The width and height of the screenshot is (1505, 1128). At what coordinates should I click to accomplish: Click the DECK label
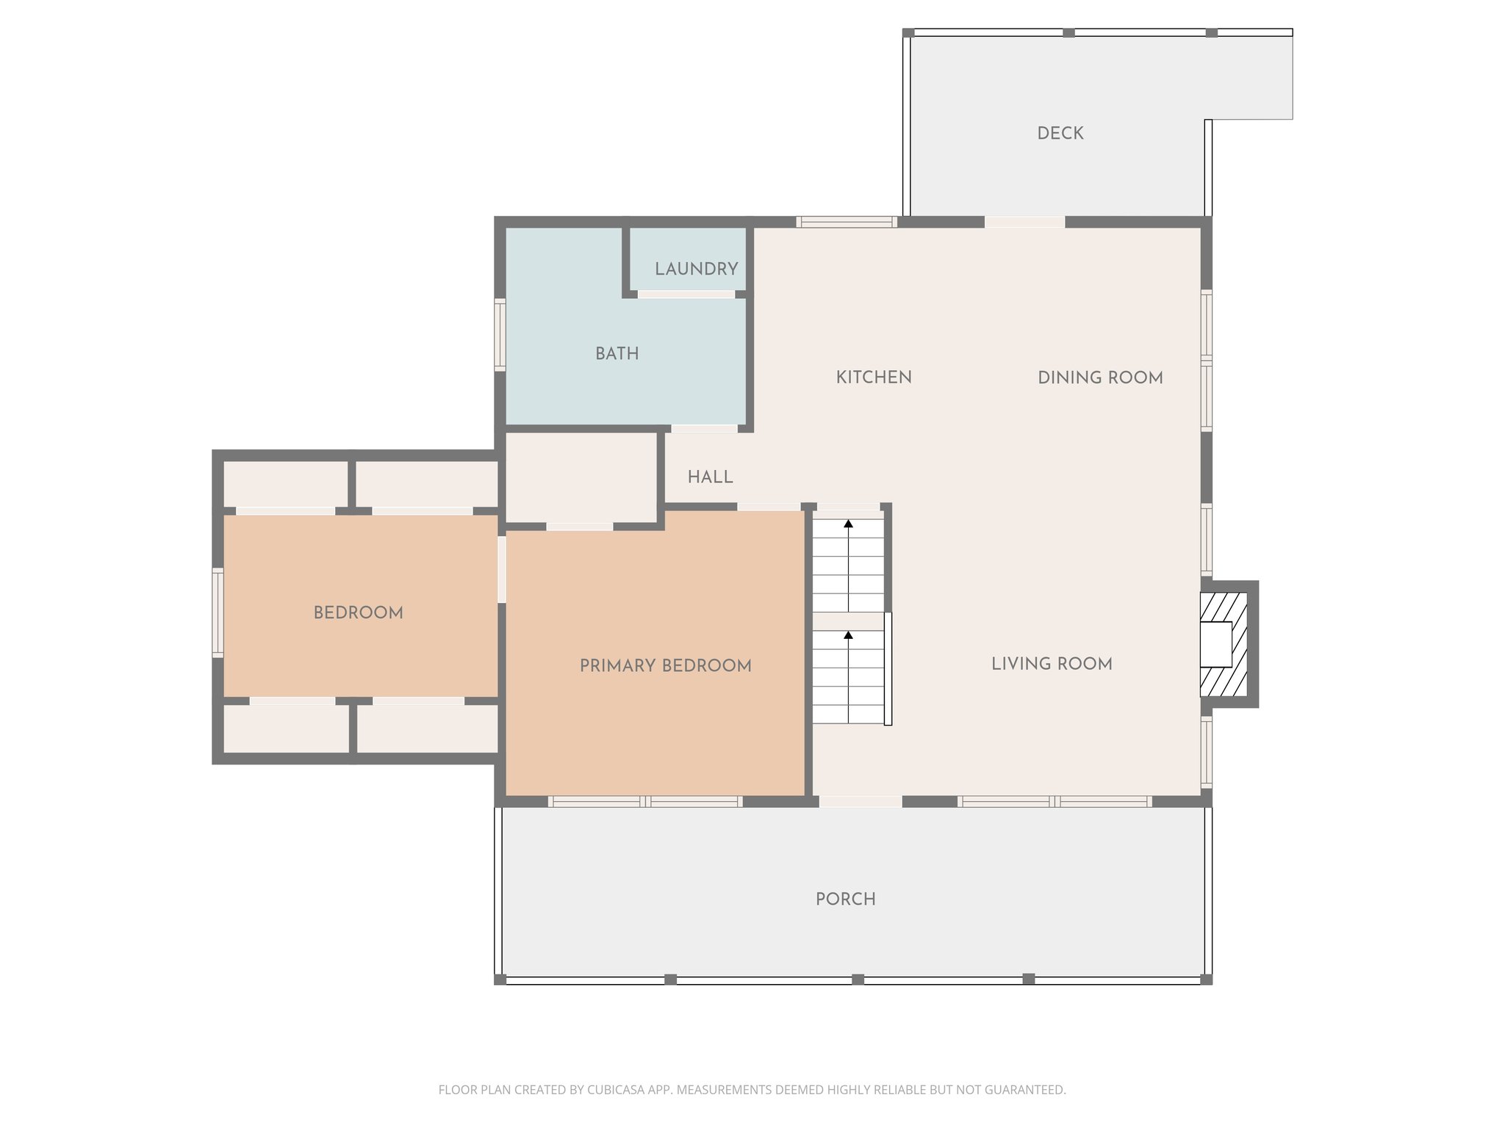pos(1060,133)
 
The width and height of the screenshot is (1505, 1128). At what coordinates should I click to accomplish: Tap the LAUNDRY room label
pos(696,269)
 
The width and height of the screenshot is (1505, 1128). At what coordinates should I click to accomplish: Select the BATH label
pos(617,353)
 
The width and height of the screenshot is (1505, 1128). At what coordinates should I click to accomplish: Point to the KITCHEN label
pos(873,377)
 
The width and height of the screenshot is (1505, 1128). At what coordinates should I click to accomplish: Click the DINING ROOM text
pos(1099,377)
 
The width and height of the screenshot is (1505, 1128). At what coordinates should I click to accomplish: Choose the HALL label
pos(710,477)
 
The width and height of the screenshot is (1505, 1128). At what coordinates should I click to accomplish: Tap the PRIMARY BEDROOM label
pos(665,665)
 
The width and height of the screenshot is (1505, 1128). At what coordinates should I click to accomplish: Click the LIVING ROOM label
pos(1051,663)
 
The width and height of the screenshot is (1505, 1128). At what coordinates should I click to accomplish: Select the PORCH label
pos(845,899)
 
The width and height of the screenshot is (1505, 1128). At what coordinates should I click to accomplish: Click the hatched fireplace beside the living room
pos(1224,644)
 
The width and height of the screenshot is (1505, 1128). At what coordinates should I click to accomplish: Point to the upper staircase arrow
pos(848,524)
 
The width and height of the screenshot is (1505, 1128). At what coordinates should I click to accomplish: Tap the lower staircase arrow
pos(848,635)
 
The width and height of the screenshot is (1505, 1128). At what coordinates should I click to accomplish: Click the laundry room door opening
pos(686,294)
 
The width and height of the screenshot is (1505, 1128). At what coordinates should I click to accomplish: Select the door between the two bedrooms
pos(502,570)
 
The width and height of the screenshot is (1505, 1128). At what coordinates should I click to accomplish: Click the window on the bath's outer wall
pos(500,334)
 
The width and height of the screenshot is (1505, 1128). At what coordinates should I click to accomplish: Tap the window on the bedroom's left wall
pos(218,612)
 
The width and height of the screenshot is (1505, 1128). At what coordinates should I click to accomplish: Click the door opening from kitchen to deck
pos(1024,222)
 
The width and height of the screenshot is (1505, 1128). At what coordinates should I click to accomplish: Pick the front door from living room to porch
pos(860,802)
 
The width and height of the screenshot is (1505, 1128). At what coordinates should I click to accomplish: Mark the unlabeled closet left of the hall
pos(581,477)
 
